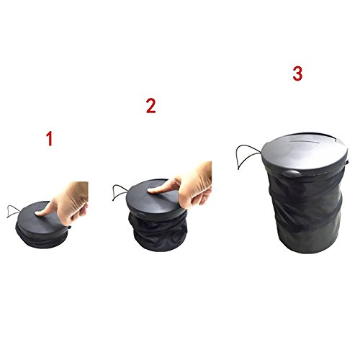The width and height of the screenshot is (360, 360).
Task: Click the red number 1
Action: [x=49, y=139]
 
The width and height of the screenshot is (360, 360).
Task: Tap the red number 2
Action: [x=151, y=106]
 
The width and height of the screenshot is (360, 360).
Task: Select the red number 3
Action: [x=297, y=73]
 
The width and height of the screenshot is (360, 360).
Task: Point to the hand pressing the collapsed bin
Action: [x=66, y=203]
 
